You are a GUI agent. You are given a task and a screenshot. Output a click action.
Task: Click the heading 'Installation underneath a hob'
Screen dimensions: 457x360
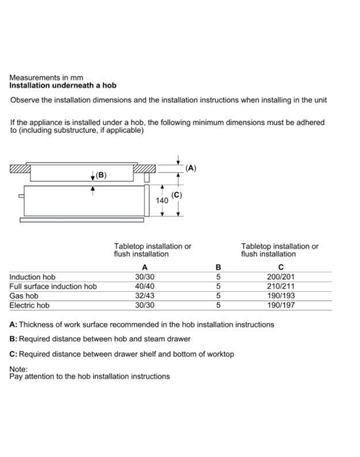63,85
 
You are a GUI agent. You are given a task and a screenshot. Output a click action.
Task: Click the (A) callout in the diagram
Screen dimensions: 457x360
191,168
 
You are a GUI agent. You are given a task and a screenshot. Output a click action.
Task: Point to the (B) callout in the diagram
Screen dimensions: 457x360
101,175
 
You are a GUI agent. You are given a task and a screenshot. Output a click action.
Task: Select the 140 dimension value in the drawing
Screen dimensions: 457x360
162,201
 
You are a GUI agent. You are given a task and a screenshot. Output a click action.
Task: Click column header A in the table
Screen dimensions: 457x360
145,268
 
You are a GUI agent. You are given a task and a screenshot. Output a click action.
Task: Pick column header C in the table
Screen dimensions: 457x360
281,268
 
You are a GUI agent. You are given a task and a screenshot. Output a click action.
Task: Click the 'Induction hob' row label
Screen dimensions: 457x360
33,277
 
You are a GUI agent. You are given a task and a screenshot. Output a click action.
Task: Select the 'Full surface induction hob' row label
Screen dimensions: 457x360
53,286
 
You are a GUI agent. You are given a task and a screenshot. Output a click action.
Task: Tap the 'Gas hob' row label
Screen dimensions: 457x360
24,295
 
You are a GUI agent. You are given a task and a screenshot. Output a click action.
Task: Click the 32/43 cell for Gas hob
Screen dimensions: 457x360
145,295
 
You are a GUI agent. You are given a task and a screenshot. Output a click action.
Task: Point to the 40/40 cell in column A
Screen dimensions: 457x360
145,286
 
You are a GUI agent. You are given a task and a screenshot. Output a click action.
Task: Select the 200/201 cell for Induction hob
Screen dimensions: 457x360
281,277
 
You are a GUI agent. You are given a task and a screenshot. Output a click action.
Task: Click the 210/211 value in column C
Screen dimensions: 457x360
281,286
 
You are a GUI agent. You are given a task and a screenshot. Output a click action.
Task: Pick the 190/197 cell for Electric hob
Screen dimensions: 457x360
281,304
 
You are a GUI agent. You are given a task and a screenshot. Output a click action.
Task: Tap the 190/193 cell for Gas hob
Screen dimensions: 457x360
281,295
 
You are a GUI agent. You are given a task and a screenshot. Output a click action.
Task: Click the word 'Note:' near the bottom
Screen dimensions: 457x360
18,369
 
